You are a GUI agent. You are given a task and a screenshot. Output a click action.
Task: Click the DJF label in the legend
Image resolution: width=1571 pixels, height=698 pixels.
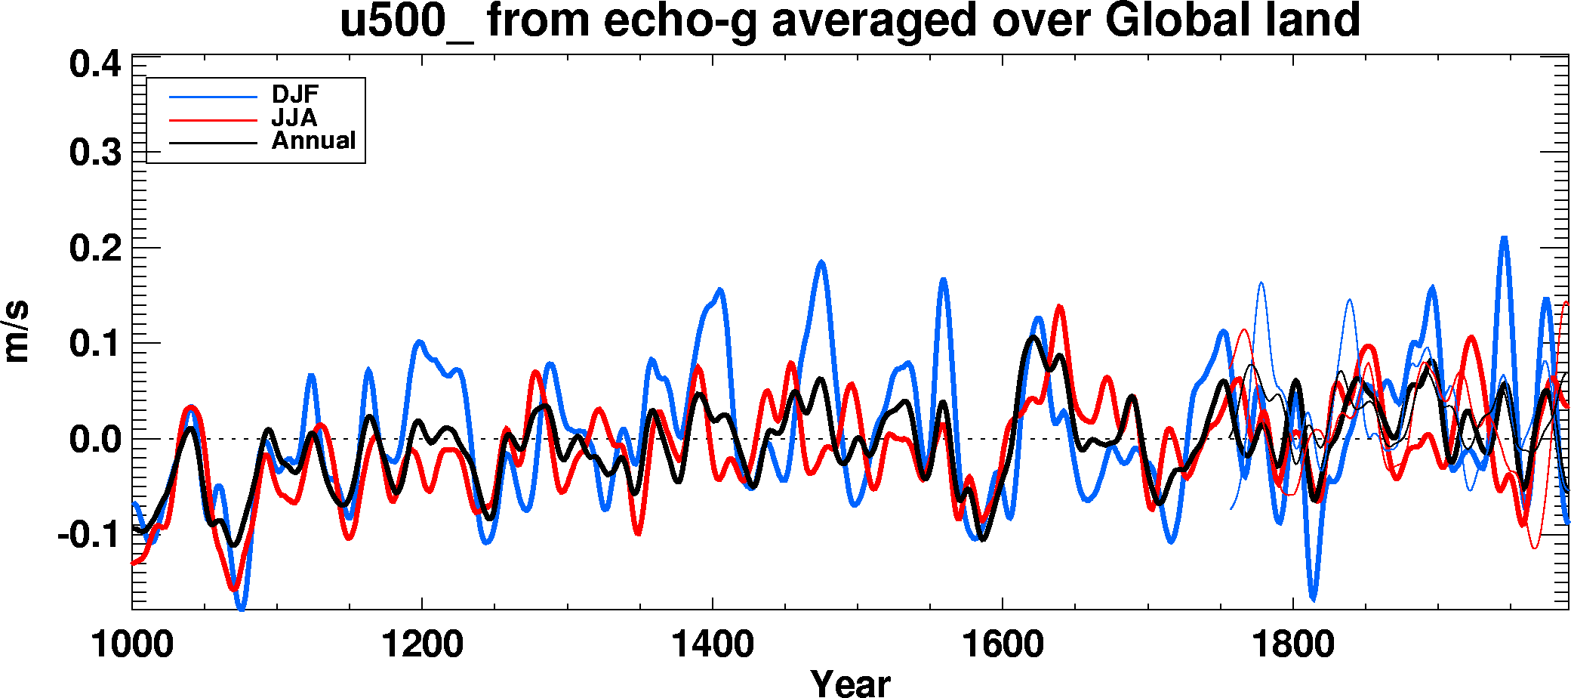(x=295, y=94)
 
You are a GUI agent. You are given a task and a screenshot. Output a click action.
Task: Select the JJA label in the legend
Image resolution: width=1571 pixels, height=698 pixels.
(x=294, y=118)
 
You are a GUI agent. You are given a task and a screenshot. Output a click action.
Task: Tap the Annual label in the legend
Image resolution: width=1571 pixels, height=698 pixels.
(x=313, y=141)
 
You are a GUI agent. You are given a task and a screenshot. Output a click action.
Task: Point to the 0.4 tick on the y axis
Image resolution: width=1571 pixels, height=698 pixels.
(x=95, y=64)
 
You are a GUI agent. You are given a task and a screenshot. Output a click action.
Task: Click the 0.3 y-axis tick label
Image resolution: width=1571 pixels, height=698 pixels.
(x=95, y=153)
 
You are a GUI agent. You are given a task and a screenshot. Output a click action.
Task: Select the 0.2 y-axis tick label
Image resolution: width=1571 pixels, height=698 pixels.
(x=95, y=249)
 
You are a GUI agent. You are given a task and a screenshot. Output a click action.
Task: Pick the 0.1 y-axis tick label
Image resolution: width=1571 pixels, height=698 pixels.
(x=95, y=344)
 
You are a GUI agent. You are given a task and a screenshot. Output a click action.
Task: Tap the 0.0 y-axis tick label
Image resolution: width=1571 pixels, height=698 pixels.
(x=95, y=440)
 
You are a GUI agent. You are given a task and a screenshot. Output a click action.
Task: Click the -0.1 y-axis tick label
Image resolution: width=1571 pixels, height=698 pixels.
(x=89, y=535)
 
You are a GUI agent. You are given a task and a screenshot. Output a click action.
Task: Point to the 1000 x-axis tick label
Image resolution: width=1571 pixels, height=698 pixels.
(x=132, y=644)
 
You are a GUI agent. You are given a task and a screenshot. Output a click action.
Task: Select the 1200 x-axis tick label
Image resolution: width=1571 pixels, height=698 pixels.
(x=422, y=644)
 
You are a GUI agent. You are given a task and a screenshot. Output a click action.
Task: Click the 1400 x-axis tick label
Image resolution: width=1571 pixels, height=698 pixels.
(x=712, y=644)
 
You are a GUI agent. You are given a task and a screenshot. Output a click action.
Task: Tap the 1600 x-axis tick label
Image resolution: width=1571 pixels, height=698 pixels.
(x=1003, y=644)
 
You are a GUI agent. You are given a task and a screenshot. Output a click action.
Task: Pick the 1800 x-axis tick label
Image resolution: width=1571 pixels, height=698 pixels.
(x=1292, y=644)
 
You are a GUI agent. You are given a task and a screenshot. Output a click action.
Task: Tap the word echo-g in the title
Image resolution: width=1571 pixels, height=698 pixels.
(x=682, y=20)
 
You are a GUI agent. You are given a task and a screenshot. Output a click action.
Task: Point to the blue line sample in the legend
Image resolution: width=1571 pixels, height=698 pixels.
(x=213, y=97)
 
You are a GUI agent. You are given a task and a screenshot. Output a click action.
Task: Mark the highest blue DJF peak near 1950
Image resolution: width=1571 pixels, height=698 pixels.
(x=1504, y=239)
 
